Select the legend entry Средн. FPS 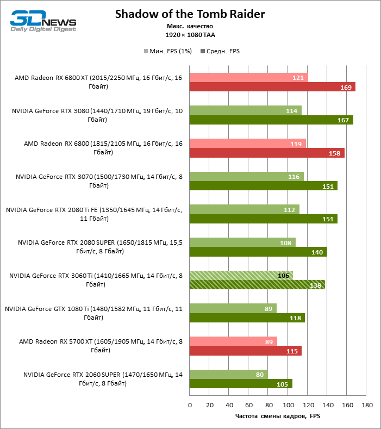tap(220, 51)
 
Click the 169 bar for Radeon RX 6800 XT tap(272, 87)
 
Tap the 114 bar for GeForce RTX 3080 tap(245, 111)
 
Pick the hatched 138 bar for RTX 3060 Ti tap(257, 284)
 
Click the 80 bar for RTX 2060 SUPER tap(228, 374)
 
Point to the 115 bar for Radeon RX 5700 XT tap(245, 351)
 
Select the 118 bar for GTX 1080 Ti tap(247, 318)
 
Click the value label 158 tap(334, 153)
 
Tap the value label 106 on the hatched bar tap(283, 276)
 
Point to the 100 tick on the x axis tap(288, 405)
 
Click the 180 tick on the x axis tap(367, 405)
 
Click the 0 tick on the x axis tap(190, 405)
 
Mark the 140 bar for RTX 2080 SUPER tap(258, 252)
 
